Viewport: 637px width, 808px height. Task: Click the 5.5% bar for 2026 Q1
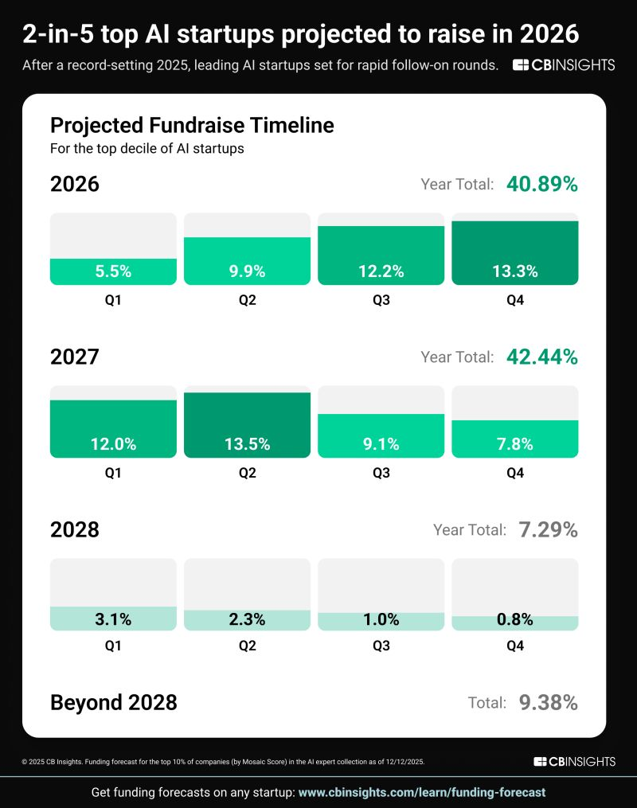[x=113, y=271]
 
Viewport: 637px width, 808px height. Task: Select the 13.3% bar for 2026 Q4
[x=515, y=253]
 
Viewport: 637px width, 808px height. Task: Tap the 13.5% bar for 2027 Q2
[x=247, y=425]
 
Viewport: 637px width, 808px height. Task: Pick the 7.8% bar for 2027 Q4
[x=515, y=439]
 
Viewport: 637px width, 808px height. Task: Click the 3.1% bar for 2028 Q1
[x=113, y=618]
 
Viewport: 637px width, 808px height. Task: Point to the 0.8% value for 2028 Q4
[x=515, y=619]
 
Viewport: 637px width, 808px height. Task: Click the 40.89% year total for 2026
[x=542, y=185]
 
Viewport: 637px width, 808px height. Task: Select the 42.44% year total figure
[x=542, y=357]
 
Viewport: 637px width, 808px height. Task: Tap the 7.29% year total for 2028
[x=549, y=529]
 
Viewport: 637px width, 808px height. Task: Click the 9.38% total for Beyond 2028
[x=549, y=702]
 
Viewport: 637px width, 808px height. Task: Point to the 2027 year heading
[x=75, y=357]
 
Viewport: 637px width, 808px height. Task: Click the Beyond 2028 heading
[x=114, y=702]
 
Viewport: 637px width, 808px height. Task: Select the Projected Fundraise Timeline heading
[x=192, y=125]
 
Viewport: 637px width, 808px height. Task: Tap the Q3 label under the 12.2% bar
[x=381, y=301]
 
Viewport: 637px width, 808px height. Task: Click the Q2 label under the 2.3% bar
[x=247, y=646]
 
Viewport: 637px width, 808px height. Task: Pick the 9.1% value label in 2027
[x=381, y=444]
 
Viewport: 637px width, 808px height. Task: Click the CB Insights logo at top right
[x=564, y=65]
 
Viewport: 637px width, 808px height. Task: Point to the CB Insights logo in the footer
[x=574, y=762]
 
